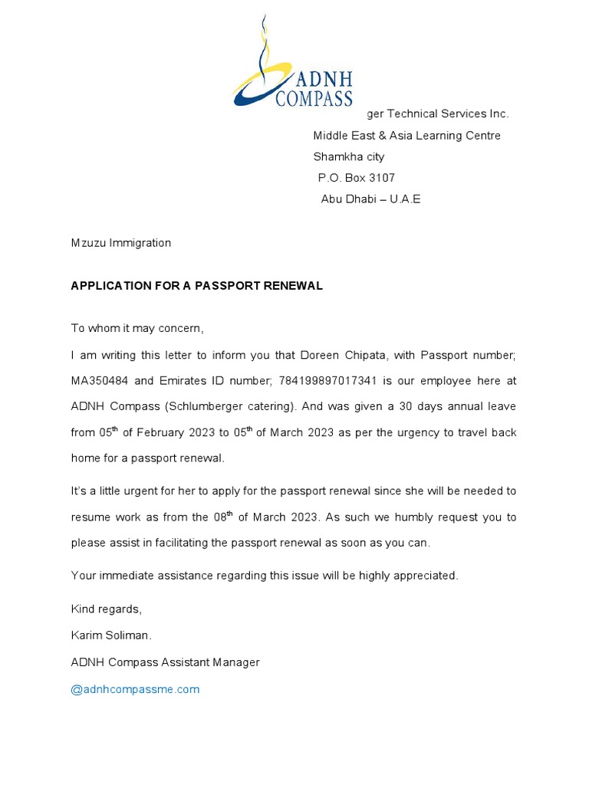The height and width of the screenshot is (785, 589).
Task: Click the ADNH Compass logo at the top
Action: point(292,65)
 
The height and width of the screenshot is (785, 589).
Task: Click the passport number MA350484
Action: point(101,380)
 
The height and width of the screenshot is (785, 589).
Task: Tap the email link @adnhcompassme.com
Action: point(135,689)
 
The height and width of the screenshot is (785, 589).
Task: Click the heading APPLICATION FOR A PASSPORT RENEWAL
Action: point(196,286)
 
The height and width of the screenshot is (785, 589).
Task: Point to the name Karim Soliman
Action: point(111,636)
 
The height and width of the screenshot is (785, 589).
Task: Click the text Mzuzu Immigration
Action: point(120,243)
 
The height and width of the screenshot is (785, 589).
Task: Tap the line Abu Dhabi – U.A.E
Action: point(370,199)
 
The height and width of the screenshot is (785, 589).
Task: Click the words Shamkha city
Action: point(348,157)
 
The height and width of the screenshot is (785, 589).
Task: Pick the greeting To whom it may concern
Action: point(137,329)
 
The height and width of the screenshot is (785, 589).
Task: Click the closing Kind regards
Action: point(106,609)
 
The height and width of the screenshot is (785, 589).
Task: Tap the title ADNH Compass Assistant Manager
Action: point(165,662)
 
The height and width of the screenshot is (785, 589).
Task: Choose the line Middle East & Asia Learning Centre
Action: point(406,136)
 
